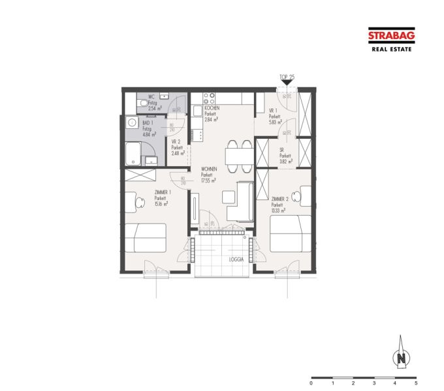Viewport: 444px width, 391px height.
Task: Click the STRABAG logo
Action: click(x=390, y=36)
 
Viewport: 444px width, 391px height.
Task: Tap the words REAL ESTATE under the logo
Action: click(x=390, y=49)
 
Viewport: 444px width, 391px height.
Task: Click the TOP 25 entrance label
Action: click(x=287, y=77)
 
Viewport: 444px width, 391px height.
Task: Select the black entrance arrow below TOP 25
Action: click(x=287, y=83)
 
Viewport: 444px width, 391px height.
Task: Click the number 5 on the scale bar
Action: click(x=415, y=384)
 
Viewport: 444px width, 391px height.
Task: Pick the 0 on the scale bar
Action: click(x=311, y=384)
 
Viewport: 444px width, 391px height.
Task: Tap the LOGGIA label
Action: click(x=236, y=259)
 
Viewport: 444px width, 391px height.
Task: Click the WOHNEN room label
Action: click(x=208, y=169)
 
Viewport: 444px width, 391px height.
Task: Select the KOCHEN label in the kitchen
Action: click(x=212, y=108)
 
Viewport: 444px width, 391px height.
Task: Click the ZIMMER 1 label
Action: click(x=162, y=192)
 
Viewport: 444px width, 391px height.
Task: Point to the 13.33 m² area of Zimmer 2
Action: click(x=279, y=210)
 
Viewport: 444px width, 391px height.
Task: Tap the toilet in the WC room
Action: click(x=142, y=102)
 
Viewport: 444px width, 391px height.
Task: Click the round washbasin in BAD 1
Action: click(x=131, y=122)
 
